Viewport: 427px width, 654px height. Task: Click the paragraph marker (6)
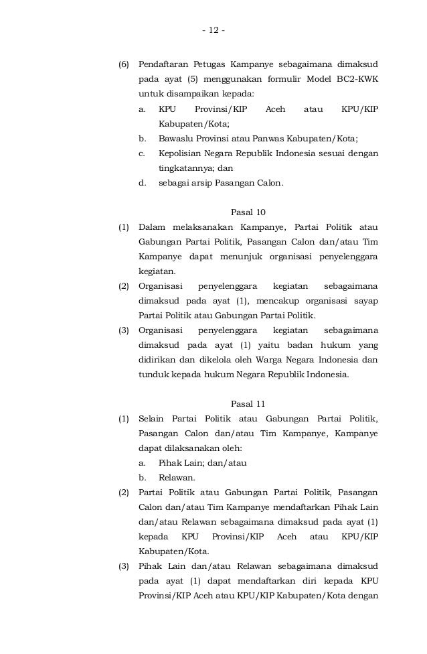(x=124, y=66)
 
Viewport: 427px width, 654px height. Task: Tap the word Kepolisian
(x=181, y=153)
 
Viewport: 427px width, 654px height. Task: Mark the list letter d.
(x=142, y=183)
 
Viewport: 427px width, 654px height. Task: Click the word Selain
(x=152, y=419)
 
